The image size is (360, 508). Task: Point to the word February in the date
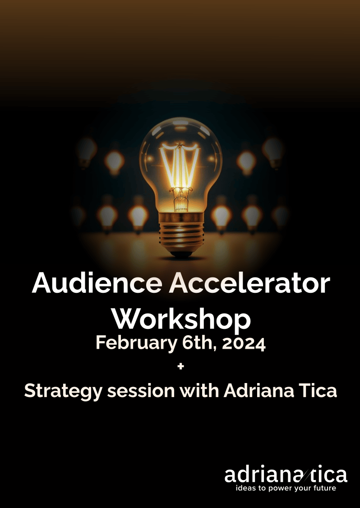136,344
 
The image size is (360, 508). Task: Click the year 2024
244,344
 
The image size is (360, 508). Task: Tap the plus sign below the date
181,366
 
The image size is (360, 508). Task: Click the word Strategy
64,391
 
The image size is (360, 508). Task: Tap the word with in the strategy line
199,391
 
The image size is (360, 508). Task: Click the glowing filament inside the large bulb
180,164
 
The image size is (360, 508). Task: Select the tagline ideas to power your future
286,488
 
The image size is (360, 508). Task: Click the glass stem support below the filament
180,198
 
